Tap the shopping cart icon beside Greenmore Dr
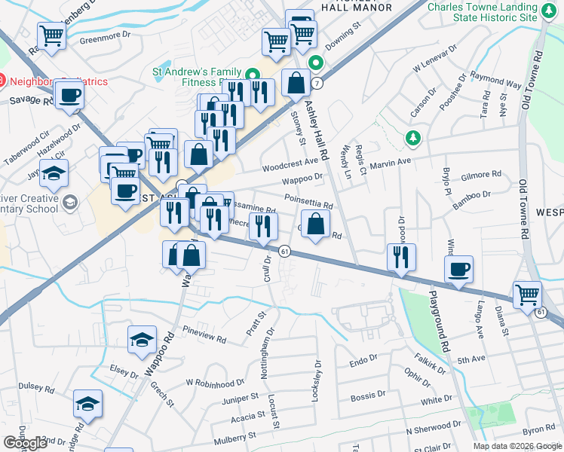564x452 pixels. pos(52,35)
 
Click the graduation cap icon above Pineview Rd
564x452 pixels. pos(141,341)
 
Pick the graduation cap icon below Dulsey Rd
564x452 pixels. pos(88,404)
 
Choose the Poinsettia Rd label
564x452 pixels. pos(308,201)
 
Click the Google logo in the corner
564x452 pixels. pos(25,443)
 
